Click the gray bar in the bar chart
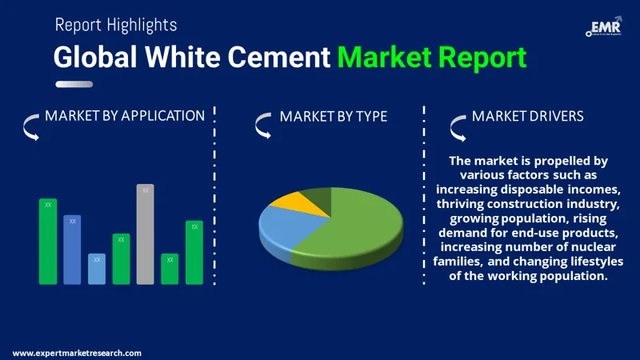coord(145,236)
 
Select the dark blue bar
coord(72,250)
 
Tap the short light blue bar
coord(96,269)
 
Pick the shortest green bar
coord(170,269)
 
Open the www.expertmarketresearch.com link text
coord(78,353)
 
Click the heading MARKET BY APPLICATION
coord(125,116)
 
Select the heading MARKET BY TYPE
coord(333,117)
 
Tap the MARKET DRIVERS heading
coord(527,116)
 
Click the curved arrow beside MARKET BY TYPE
coord(262,124)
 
